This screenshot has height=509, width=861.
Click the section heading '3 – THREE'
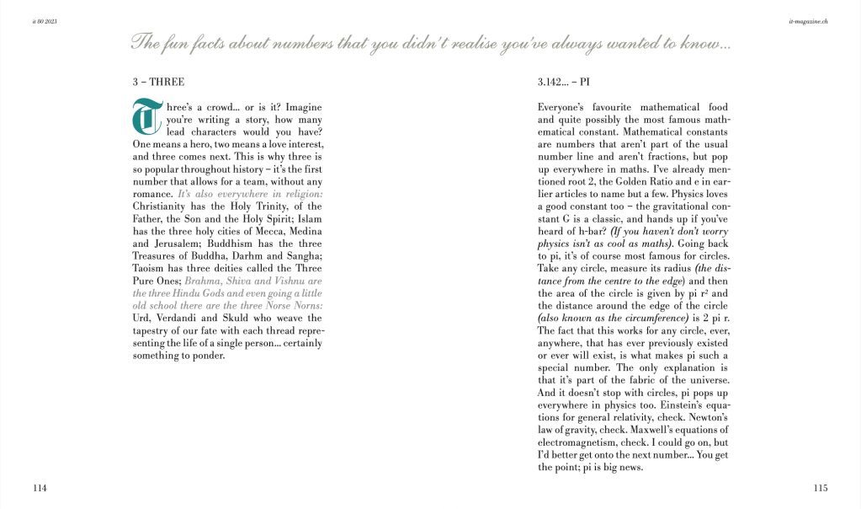coord(158,83)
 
